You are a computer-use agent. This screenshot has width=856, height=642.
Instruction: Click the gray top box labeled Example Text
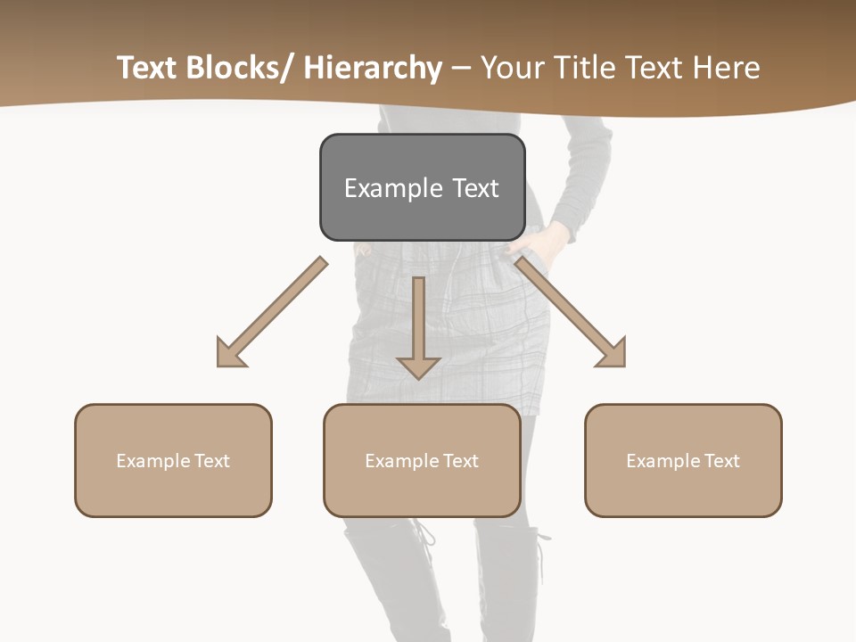pos(422,187)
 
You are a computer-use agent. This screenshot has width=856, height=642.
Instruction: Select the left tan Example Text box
pos(173,460)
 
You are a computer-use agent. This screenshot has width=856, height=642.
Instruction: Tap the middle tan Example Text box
pos(422,460)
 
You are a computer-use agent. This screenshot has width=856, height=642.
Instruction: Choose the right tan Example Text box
pos(683,460)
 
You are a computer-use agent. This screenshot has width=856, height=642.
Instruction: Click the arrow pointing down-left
pos(272,312)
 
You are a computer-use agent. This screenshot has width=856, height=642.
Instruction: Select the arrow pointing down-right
pos(571,312)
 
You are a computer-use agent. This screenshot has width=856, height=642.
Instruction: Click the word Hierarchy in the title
pos(373,68)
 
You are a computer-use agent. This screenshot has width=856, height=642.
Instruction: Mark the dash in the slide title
pos(461,69)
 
